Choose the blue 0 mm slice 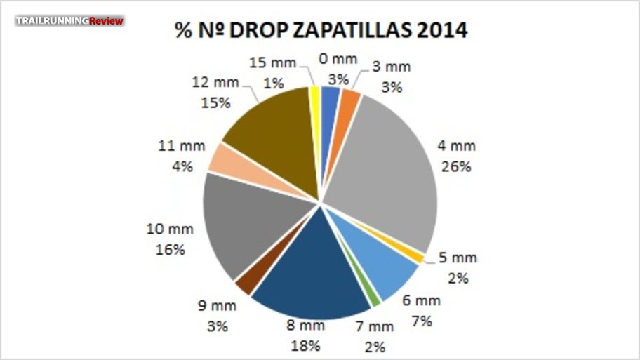tap(331, 98)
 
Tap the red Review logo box tap(107, 20)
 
